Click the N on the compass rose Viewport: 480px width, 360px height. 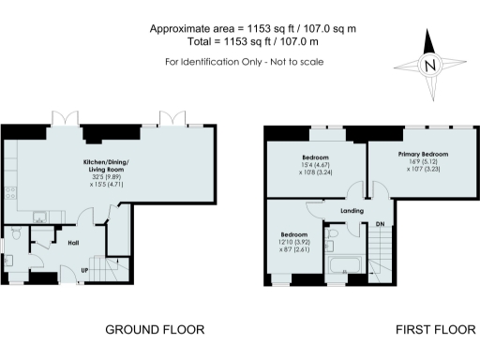pos(430,66)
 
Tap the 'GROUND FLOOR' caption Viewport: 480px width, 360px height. pos(154,329)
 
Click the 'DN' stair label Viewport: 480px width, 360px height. pos(380,225)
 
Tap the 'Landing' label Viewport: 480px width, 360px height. pos(352,212)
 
